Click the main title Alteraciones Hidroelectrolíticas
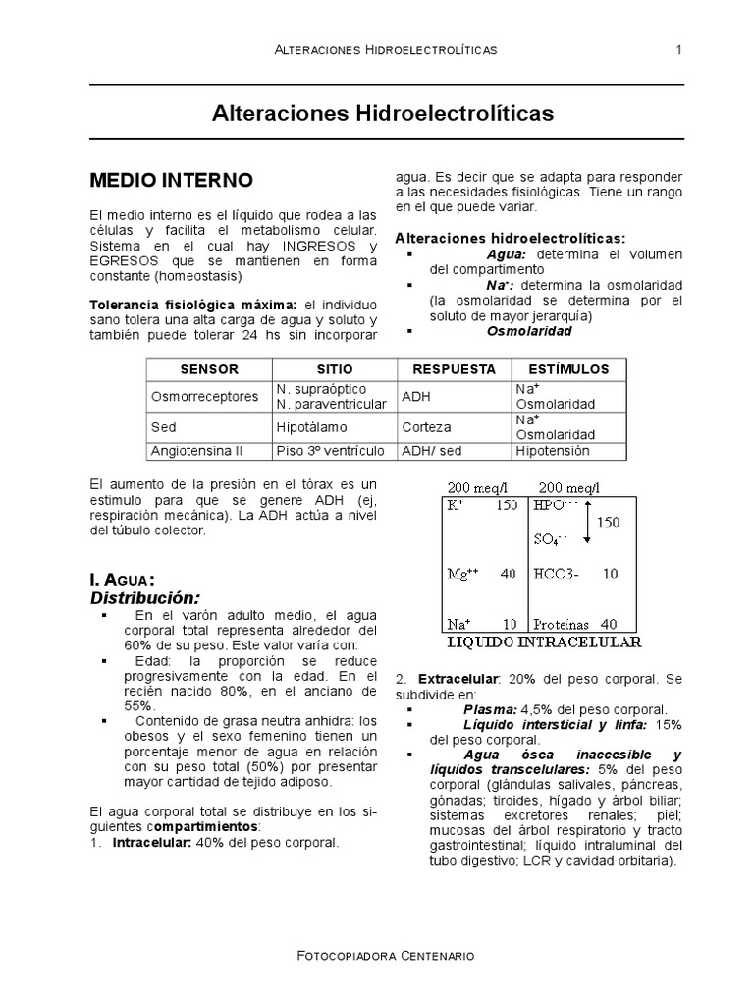coord(383,114)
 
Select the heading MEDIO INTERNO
coord(171,181)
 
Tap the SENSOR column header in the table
coord(209,369)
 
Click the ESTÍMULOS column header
coord(568,369)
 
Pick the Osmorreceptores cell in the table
coord(204,397)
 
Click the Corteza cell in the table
coord(426,428)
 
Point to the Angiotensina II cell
coord(195,451)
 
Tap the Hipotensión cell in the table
coord(552,451)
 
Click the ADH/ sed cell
coord(430,451)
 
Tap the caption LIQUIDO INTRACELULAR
coord(543,643)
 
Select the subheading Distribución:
coord(144,597)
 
